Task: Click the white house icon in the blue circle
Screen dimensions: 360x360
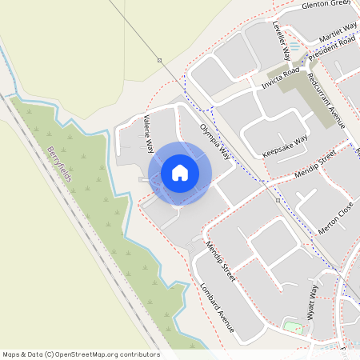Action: point(180,172)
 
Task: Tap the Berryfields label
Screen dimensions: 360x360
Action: point(60,164)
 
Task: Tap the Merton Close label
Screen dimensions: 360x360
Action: point(334,211)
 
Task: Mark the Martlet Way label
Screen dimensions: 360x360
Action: point(338,36)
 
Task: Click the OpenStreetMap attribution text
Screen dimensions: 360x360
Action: point(81,354)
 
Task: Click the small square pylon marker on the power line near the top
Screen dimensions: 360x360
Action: point(159,60)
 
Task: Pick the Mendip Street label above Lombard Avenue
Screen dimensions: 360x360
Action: point(220,261)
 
